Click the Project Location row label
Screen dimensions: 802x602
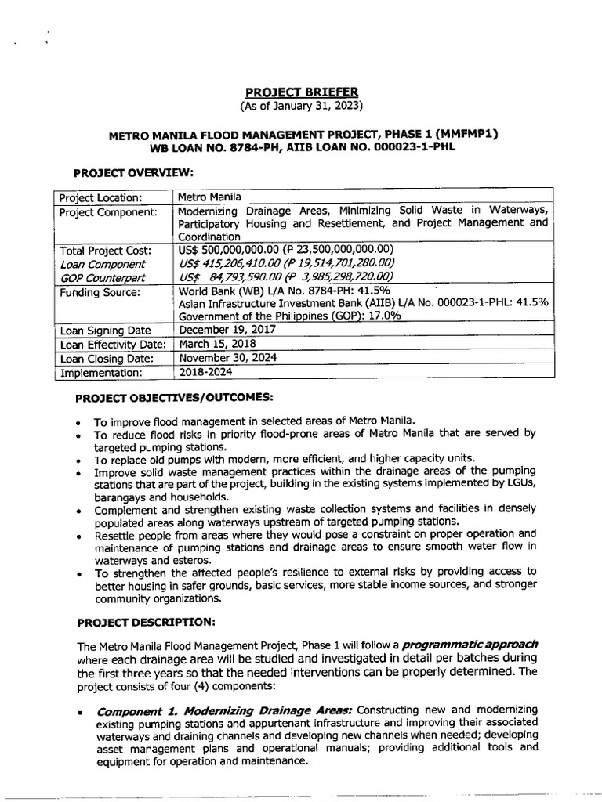101,197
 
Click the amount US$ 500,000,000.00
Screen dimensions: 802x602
235,250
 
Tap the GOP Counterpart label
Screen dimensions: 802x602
103,277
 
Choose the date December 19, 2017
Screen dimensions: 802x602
227,330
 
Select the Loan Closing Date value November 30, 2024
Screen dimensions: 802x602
228,358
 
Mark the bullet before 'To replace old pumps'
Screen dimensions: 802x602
80,460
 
